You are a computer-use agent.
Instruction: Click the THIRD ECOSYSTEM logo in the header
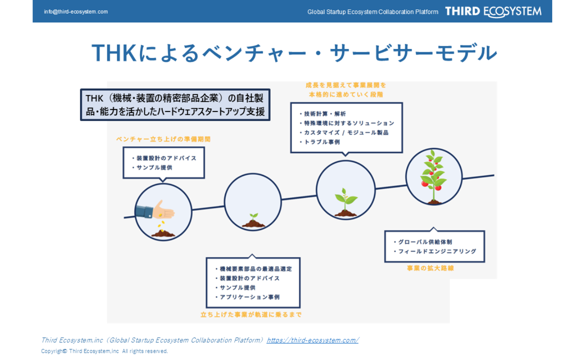tap(493, 12)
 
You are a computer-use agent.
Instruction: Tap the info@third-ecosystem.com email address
tap(76, 12)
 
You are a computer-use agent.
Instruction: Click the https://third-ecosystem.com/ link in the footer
tap(312, 340)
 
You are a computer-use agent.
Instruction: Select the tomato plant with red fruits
tap(433, 177)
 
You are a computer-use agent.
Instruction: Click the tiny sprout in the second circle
tap(253, 220)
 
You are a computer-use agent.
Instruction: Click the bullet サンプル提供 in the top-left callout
tap(152, 167)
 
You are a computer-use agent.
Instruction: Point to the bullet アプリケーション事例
tap(250, 297)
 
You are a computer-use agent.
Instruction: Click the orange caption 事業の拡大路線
tap(431, 268)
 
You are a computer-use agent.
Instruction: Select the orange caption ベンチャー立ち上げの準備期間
tap(163, 139)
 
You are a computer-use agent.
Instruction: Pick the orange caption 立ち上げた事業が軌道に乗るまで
tap(251, 315)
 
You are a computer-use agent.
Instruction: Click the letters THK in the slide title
tap(114, 53)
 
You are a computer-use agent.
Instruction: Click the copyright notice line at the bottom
tap(104, 351)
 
